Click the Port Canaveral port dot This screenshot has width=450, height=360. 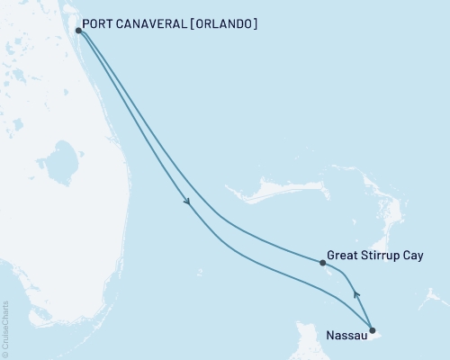(x=79, y=31)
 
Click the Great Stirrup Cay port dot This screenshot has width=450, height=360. (x=322, y=263)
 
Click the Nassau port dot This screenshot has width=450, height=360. (x=373, y=330)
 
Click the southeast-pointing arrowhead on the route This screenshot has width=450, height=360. (x=187, y=202)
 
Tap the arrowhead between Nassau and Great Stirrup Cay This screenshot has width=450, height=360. (x=356, y=293)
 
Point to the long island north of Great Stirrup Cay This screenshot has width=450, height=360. (x=270, y=191)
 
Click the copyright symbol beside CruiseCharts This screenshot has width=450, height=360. (x=5, y=353)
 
